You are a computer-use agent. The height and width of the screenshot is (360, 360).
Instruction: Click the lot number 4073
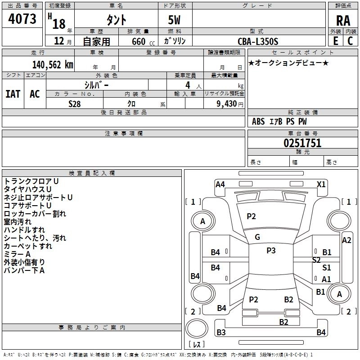tap(22, 19)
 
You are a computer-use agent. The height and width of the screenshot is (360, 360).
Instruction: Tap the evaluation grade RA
tap(343, 20)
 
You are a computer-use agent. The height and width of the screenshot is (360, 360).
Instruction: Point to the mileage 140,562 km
tap(53, 64)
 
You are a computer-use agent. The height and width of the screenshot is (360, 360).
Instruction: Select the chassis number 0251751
tap(302, 143)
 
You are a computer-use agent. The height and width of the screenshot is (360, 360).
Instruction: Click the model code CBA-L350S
tap(258, 41)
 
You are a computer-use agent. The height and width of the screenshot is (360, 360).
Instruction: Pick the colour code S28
tap(75, 103)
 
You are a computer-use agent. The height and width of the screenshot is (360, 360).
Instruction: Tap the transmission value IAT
tap(13, 94)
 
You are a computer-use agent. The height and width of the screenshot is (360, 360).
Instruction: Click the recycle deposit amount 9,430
tap(227, 103)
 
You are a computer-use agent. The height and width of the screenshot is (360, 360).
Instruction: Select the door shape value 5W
tap(175, 20)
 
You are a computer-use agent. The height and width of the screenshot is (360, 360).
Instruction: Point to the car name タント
tap(116, 20)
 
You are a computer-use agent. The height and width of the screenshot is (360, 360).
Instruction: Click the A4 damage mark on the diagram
tap(220, 184)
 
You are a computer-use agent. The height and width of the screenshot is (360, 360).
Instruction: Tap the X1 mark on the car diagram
tap(321, 184)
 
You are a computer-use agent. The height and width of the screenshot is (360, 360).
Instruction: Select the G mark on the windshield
tap(257, 237)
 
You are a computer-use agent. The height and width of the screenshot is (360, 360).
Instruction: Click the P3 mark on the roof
tap(271, 251)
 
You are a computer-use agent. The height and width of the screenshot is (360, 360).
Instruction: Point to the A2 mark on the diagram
tap(346, 240)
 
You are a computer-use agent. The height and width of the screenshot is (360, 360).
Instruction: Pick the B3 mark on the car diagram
tap(221, 333)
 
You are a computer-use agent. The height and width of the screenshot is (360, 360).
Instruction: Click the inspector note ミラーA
tap(17, 254)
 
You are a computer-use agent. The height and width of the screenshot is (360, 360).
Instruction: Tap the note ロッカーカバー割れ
tap(35, 214)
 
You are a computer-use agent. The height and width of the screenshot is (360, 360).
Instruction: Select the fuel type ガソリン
tap(175, 41)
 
